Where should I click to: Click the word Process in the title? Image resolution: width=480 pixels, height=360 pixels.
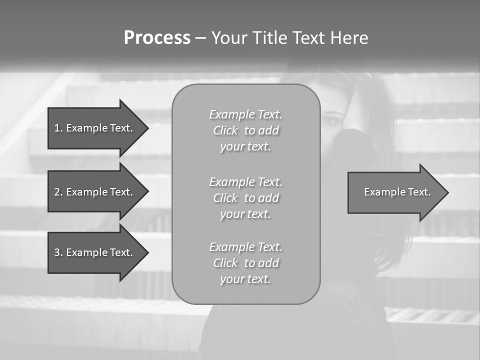pos(157,38)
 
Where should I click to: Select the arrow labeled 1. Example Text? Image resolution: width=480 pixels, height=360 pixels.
pos(94,128)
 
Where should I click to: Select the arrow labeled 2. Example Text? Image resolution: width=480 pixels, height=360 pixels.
pos(94,192)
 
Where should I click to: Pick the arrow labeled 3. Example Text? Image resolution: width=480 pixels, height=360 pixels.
pos(94,252)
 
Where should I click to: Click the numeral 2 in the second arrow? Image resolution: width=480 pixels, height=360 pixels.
pos(57,192)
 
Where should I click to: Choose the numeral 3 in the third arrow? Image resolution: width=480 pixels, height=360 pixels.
pos(57,252)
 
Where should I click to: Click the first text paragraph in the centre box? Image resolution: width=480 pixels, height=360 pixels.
pos(246,130)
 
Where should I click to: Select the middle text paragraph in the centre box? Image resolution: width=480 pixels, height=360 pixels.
pos(246,198)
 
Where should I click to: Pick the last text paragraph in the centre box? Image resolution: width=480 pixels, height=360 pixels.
pos(246,263)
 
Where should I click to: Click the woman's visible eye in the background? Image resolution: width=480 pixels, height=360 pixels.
pos(330,120)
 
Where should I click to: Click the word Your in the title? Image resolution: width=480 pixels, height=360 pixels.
pos(229,38)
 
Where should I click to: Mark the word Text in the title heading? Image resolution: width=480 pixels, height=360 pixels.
pos(308,38)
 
